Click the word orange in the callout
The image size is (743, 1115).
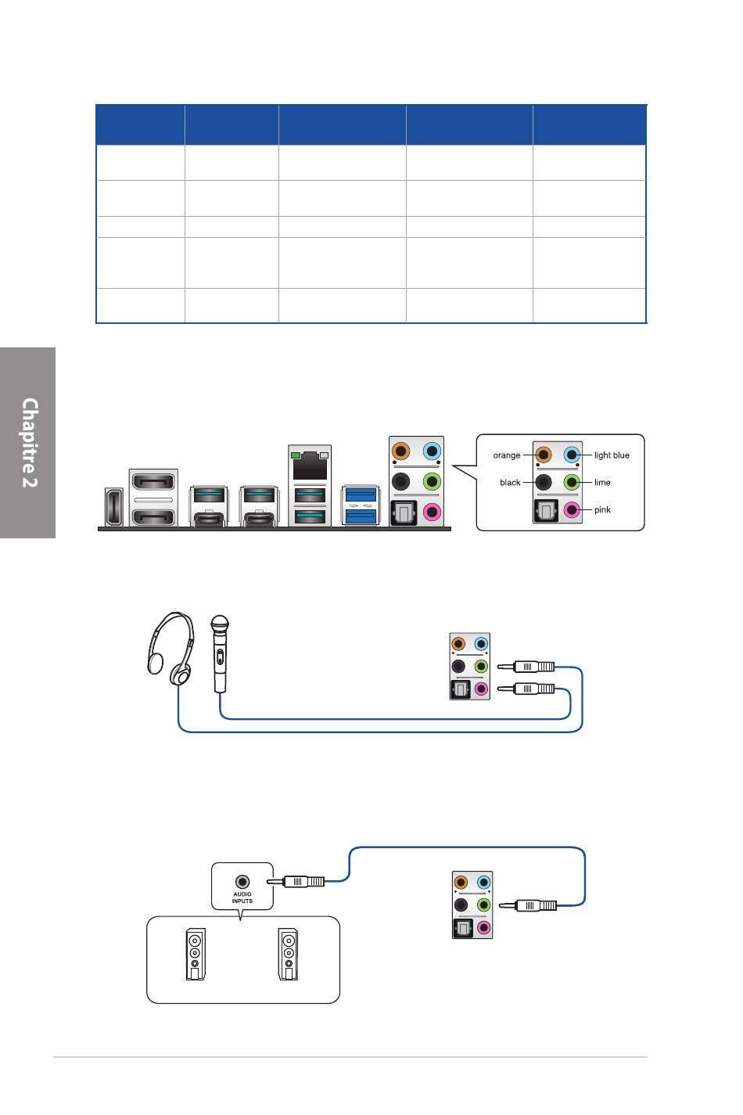pos(507,455)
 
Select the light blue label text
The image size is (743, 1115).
pos(612,455)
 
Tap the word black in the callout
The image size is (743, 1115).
pos(510,483)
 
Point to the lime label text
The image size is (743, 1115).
pos(602,483)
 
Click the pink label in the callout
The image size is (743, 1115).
pos(602,510)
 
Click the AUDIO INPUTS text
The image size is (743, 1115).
pos(242,898)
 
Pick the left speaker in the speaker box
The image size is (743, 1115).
pos(195,954)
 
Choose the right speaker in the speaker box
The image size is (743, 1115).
pos(289,954)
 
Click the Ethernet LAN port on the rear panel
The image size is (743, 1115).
pos(310,467)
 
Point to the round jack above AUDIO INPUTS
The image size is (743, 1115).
pos(242,881)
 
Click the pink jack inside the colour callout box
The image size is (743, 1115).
pos(573,510)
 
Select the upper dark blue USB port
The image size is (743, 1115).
pos(361,494)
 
